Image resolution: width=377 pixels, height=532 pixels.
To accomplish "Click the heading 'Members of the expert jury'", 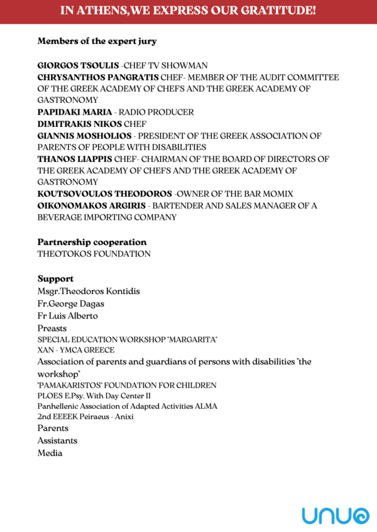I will [x=97, y=41].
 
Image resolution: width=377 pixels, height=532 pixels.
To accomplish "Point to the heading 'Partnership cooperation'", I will [x=92, y=242].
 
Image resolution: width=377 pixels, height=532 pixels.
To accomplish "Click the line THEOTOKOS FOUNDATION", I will [x=94, y=254].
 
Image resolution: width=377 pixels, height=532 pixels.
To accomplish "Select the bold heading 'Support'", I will [x=55, y=278].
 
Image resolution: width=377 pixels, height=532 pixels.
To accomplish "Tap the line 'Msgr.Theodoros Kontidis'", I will [x=89, y=291].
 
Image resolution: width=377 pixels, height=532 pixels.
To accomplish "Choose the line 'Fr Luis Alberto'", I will [x=67, y=316].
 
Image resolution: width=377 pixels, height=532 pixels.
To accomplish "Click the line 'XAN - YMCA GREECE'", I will [x=76, y=350].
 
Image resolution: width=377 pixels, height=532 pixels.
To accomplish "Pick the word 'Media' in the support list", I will [x=50, y=453].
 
